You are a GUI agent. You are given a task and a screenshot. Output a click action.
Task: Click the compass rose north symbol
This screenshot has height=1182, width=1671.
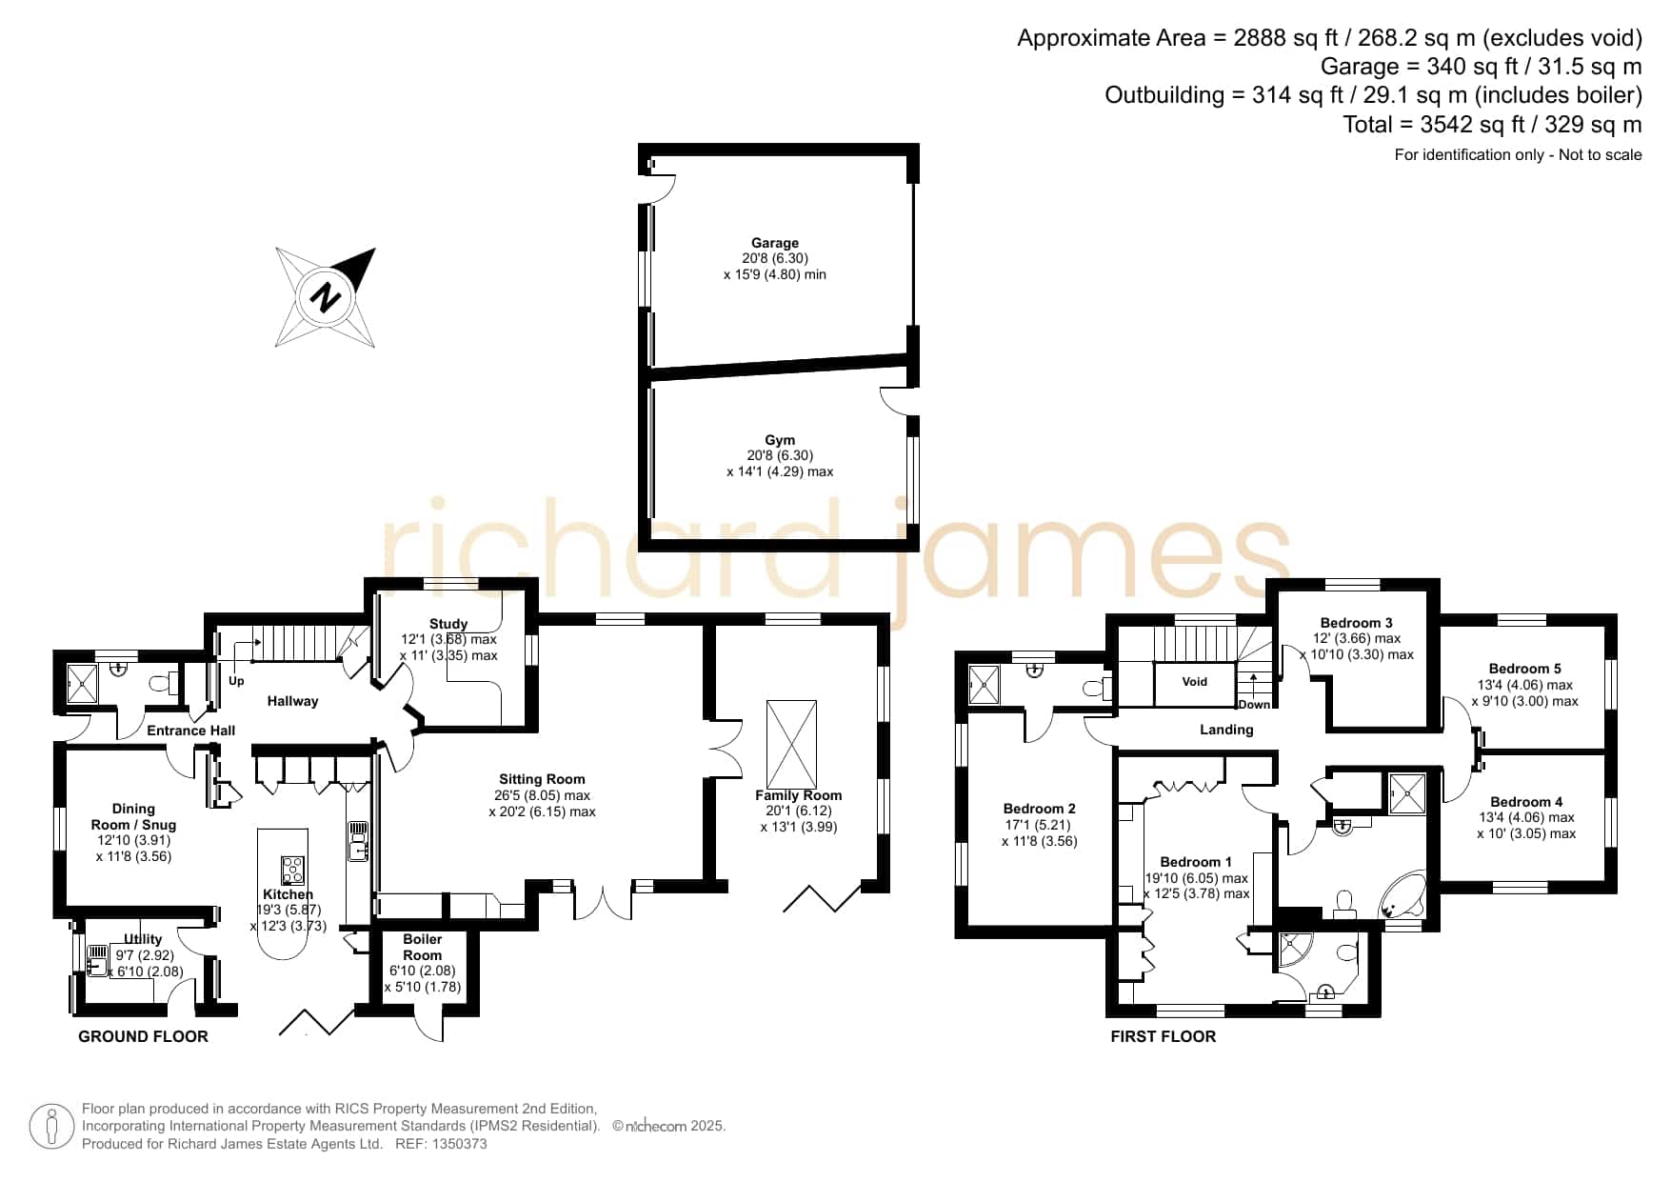tap(326, 297)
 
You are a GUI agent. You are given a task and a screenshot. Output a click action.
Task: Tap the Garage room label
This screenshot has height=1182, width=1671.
tap(775, 243)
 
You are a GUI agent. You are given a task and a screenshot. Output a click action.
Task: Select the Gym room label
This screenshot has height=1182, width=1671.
tap(780, 440)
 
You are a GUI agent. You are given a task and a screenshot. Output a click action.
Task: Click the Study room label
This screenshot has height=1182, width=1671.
tap(448, 624)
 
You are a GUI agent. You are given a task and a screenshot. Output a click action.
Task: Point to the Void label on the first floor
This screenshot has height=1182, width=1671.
tap(1195, 681)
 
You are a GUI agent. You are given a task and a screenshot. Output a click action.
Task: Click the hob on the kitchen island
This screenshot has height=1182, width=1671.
tap(292, 871)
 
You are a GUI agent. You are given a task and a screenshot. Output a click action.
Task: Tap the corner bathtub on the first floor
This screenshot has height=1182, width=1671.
tap(1402, 895)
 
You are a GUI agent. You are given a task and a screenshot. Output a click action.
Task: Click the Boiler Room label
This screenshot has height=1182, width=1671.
tap(423, 947)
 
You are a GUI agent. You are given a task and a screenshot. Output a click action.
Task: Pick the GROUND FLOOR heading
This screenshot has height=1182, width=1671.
tap(143, 1036)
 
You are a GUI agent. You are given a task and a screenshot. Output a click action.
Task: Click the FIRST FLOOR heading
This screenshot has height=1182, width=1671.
tap(1164, 1036)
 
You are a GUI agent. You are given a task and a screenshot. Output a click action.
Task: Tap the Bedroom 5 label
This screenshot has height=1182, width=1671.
tap(1525, 669)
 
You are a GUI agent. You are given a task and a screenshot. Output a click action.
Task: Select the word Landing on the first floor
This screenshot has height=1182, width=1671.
tap(1226, 730)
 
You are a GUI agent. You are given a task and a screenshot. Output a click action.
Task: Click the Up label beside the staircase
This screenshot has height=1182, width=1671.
tap(236, 681)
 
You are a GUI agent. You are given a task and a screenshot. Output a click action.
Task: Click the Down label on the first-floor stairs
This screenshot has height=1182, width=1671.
tap(1254, 705)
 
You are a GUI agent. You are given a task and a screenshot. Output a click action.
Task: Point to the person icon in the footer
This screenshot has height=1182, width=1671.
tap(51, 1127)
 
